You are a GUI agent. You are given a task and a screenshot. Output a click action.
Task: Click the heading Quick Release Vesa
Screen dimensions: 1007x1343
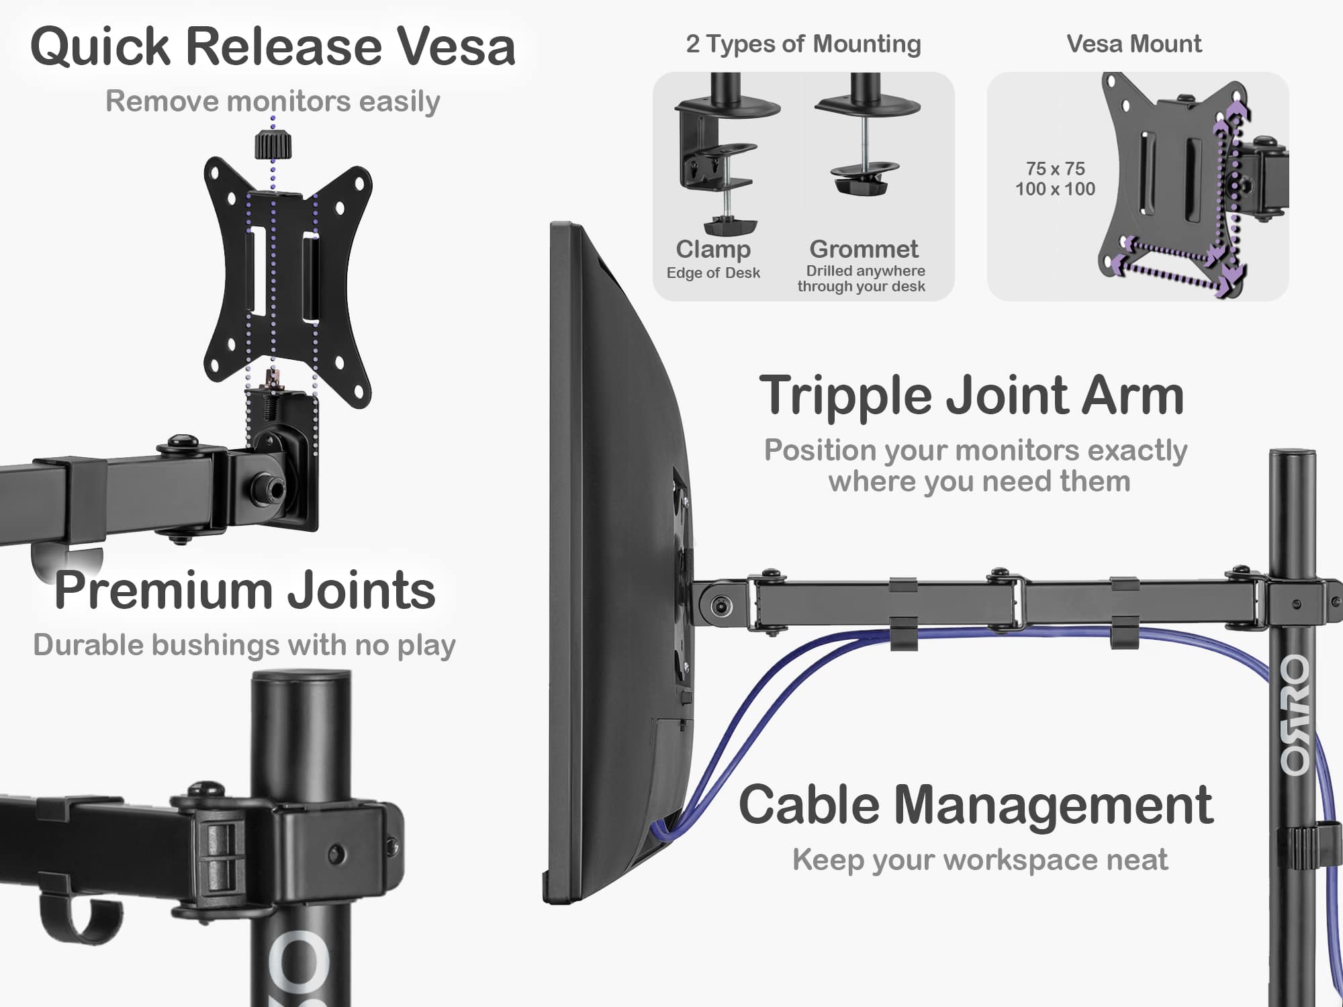[273, 46]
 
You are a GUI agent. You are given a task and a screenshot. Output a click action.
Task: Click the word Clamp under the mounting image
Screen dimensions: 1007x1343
[713, 249]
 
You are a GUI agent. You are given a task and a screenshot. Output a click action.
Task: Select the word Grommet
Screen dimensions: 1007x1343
[864, 249]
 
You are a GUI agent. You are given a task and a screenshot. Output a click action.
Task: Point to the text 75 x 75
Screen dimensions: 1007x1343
[1055, 169]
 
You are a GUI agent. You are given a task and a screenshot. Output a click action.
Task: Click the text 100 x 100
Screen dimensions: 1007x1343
[1055, 189]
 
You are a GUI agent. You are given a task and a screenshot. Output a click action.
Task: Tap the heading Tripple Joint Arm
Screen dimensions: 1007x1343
[971, 395]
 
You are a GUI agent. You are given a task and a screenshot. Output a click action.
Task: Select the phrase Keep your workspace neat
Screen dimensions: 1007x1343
[980, 860]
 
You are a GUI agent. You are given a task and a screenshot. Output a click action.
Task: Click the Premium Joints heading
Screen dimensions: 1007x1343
[245, 590]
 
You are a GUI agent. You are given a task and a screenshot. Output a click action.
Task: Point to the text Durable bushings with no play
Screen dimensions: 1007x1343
[244, 645]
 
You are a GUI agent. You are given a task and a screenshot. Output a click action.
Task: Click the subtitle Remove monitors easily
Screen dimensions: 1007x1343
[273, 101]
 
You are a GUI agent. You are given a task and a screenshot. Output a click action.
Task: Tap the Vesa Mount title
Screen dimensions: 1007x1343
[1133, 44]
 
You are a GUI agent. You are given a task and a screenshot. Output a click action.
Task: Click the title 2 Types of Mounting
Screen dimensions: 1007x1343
[803, 44]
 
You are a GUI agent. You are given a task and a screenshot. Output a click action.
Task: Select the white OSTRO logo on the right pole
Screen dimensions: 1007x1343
[1294, 715]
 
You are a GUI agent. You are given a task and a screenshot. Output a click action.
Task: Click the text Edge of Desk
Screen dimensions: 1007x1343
[713, 273]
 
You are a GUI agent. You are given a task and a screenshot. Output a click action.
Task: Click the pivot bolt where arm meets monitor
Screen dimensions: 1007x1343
[721, 607]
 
